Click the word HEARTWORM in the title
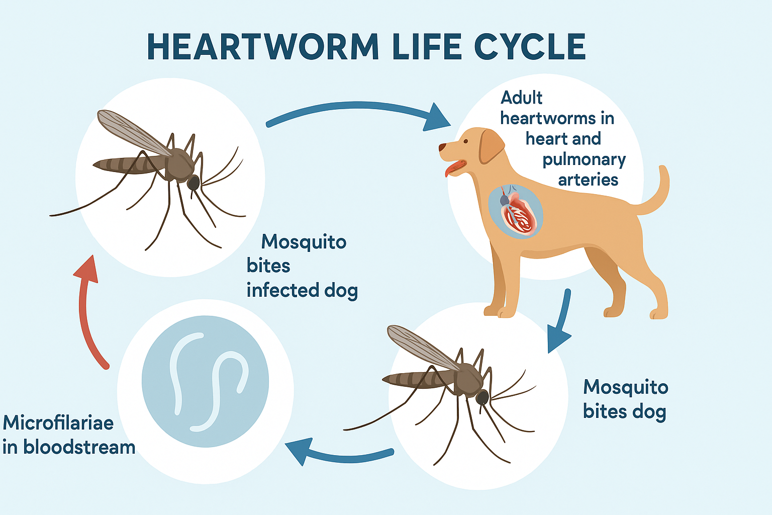pyautogui.click(x=263, y=47)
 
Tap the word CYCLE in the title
pyautogui.click(x=530, y=47)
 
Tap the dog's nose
pyautogui.click(x=442, y=147)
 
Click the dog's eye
pyautogui.click(x=465, y=141)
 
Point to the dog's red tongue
pyautogui.click(x=454, y=168)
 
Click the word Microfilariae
pyautogui.click(x=58, y=423)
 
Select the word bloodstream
pyautogui.click(x=79, y=448)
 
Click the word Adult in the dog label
pyautogui.click(x=521, y=98)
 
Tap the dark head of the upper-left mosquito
pyautogui.click(x=194, y=183)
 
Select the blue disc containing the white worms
pyautogui.click(x=206, y=382)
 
